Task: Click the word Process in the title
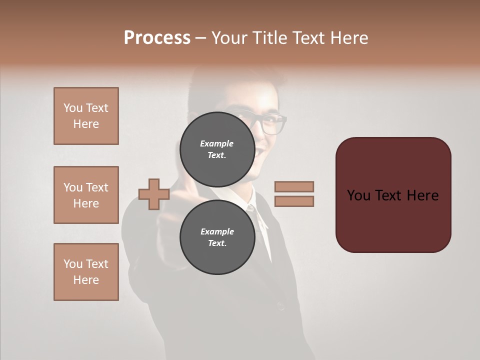click(157, 38)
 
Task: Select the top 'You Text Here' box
click(86, 116)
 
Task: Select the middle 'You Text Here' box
click(86, 195)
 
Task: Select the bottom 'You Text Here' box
click(86, 271)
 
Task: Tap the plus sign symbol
click(153, 194)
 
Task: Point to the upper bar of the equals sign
click(294, 186)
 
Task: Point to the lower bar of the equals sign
click(294, 201)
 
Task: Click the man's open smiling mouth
click(260, 150)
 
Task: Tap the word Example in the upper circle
click(216, 143)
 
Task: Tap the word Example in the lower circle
click(217, 231)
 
